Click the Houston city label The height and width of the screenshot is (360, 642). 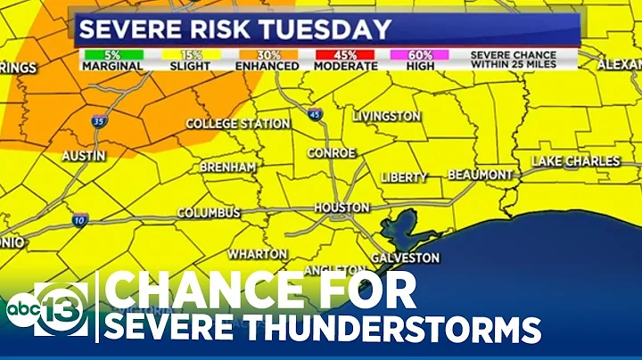click(x=342, y=208)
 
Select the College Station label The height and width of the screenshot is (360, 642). click(x=236, y=123)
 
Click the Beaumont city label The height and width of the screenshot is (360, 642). click(x=480, y=174)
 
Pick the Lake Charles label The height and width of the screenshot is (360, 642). click(x=575, y=161)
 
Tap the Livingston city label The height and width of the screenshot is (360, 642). click(x=386, y=117)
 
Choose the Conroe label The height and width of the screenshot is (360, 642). click(x=331, y=153)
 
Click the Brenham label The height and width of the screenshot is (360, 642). click(x=227, y=167)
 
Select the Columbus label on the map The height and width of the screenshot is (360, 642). click(x=208, y=213)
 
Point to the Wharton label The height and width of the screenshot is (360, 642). click(x=255, y=254)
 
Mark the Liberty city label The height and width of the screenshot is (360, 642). click(x=404, y=177)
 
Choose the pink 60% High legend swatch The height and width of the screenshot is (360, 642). click(x=419, y=54)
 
